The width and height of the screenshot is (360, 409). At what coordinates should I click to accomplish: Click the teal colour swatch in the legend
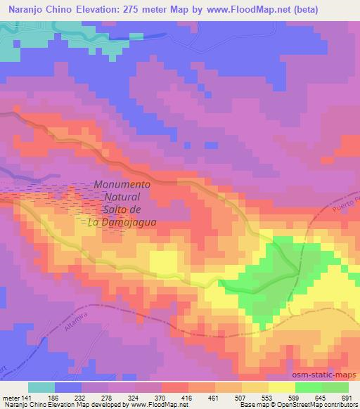(41, 387)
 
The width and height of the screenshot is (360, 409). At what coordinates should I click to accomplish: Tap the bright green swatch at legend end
(335, 387)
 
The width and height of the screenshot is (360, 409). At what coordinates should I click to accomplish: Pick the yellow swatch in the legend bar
(281, 387)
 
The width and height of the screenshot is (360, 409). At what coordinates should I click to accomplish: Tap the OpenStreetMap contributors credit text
(309, 405)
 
